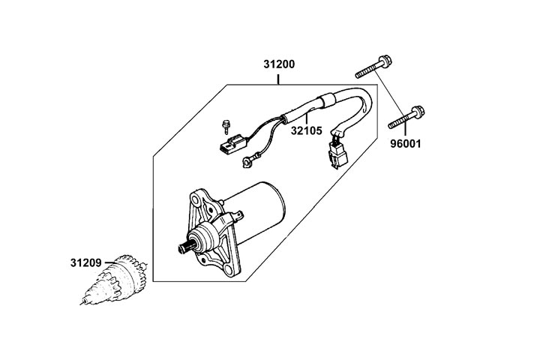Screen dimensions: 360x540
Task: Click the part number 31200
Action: click(x=278, y=64)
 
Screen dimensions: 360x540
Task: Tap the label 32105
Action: click(x=306, y=130)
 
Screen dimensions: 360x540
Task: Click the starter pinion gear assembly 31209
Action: click(x=118, y=281)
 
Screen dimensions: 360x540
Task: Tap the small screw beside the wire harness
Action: click(x=223, y=124)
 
